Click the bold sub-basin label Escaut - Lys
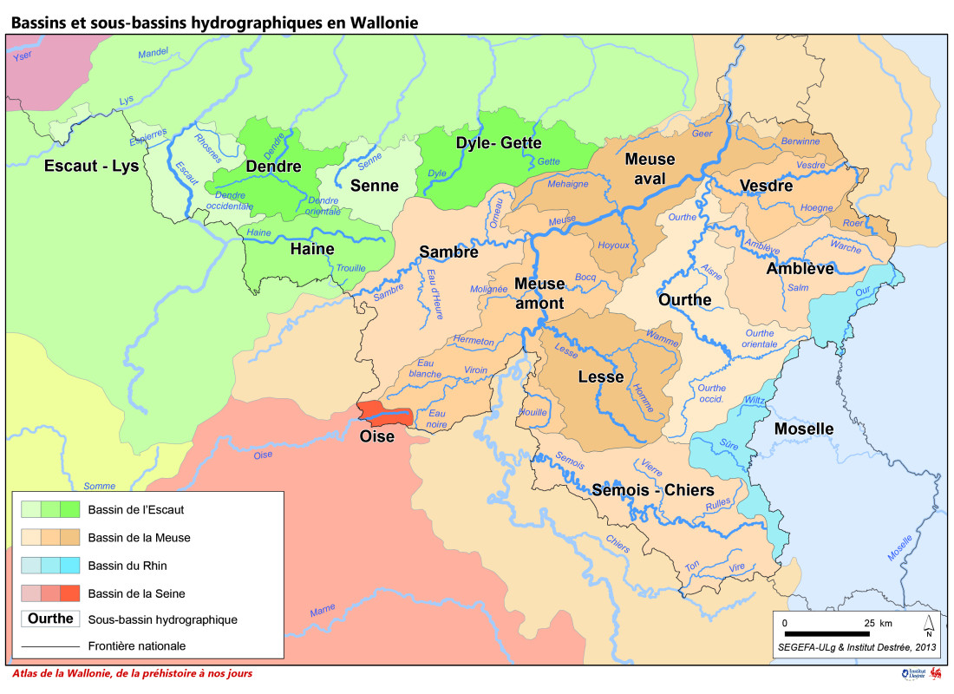click(x=91, y=166)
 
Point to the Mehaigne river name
click(x=568, y=184)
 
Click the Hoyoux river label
click(x=614, y=246)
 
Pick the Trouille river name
click(x=350, y=268)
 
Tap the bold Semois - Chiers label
click(x=653, y=490)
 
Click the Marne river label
click(x=322, y=610)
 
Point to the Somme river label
click(x=100, y=487)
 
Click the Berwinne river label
click(x=800, y=141)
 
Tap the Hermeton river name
click(x=474, y=341)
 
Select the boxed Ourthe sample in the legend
click(x=50, y=619)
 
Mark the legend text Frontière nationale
click(x=137, y=646)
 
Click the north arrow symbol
click(x=928, y=625)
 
